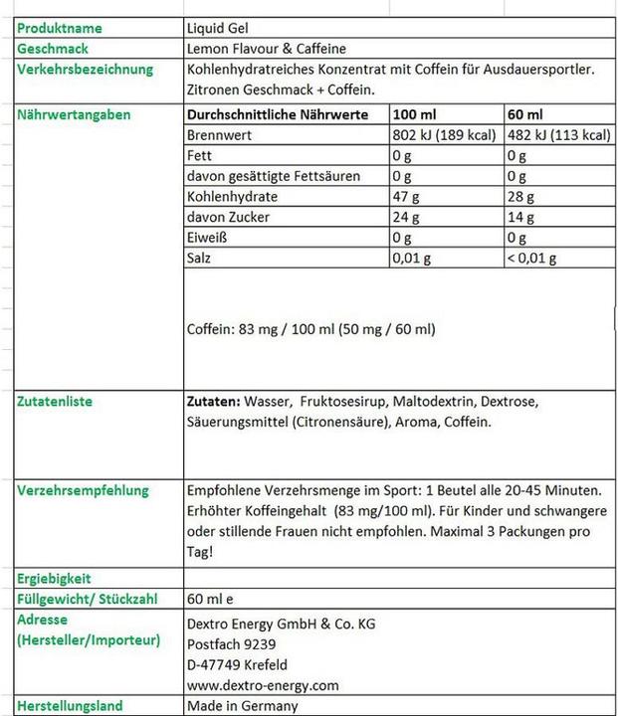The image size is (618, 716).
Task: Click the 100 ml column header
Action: click(414, 115)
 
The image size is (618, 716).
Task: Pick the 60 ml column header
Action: click(524, 115)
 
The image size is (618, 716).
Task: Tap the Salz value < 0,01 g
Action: click(531, 259)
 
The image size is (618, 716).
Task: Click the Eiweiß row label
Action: click(208, 239)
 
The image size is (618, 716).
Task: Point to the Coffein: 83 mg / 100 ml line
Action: click(310, 329)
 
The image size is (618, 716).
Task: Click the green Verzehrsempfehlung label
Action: click(83, 490)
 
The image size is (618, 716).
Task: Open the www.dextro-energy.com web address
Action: click(263, 685)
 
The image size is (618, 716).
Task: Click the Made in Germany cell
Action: click(242, 706)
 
